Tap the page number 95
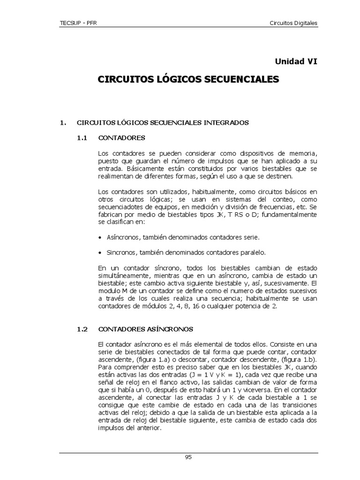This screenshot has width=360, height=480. tap(188, 457)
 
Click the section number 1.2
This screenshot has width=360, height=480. tap(82, 329)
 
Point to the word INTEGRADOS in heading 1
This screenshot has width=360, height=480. tap(226, 122)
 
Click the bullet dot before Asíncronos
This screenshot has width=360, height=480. tap(100, 238)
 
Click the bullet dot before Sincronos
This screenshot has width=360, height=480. tap(100, 253)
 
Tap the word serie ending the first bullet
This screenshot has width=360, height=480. tap(250, 238)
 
